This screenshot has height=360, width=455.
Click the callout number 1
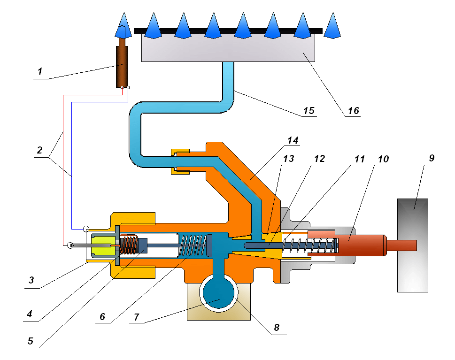coord(40,72)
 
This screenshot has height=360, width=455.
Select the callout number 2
coord(40,151)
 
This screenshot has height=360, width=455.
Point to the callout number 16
coord(353,111)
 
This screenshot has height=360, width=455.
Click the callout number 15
coord(308,111)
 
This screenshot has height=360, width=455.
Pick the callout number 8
coord(277,328)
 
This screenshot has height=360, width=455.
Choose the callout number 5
coord(31,341)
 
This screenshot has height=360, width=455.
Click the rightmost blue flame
coord(332,26)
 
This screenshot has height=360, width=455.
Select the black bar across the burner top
coord(228,31)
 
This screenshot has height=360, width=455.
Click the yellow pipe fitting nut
coord(180,161)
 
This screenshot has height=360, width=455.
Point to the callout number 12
coord(319,158)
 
